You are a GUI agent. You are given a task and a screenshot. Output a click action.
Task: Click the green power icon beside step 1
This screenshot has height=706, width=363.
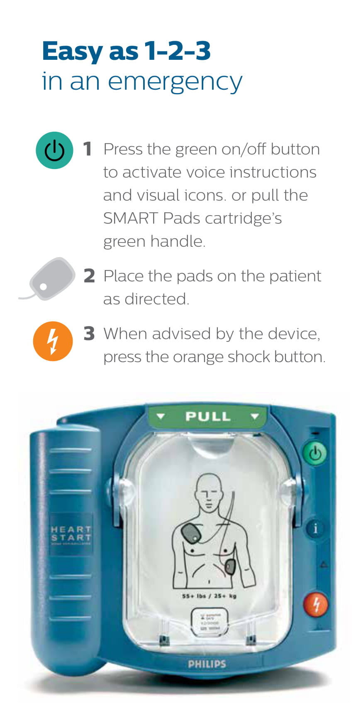[x=54, y=150]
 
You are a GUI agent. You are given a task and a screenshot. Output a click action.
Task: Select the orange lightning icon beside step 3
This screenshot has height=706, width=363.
[x=53, y=341]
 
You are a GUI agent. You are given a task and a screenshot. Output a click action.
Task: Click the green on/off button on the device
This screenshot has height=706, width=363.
[x=315, y=453]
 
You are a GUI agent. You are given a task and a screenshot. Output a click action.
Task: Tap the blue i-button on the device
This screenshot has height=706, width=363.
[x=315, y=529]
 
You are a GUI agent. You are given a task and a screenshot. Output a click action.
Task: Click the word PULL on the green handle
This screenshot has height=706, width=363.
[x=207, y=417]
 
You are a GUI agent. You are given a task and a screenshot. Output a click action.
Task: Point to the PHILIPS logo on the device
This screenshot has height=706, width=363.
[x=207, y=664]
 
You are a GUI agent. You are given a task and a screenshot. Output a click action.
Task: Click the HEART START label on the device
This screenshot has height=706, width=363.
[x=71, y=534]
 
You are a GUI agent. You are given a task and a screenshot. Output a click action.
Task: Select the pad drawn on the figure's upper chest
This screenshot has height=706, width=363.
[x=191, y=534]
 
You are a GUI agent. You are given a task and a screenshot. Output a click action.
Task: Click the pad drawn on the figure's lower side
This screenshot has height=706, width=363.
[x=230, y=566]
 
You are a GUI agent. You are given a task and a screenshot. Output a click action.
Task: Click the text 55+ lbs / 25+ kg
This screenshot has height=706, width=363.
[x=209, y=596]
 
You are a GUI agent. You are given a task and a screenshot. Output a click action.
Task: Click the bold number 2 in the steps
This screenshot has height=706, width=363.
[x=89, y=276]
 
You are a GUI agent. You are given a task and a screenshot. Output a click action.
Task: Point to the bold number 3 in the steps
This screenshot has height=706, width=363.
[x=89, y=333]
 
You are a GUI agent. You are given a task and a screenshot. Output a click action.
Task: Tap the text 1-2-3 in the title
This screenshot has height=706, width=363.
[x=178, y=51]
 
